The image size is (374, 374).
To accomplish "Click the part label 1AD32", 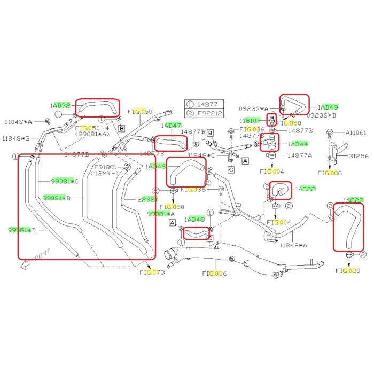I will coord(61,106).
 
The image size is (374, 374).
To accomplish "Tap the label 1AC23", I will coord(353,200).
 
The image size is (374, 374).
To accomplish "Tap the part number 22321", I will coord(147,199).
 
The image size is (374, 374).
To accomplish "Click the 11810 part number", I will coord(250,121).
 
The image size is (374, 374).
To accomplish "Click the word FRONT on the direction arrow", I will coord(40,256).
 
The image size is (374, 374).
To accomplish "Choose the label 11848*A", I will coord(294,245).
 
